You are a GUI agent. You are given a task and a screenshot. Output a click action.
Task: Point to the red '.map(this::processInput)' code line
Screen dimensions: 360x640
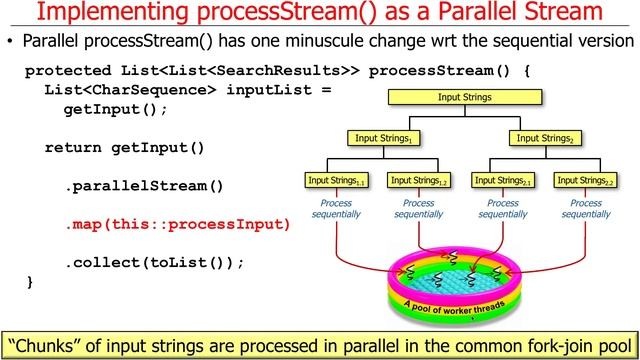point(178,224)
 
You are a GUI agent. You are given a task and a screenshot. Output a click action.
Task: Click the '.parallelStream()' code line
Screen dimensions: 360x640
point(145,186)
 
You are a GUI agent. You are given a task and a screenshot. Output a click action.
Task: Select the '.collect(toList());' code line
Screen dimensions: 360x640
point(155,262)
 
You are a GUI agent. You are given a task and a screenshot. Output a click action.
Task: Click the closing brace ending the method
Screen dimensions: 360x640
point(30,282)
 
